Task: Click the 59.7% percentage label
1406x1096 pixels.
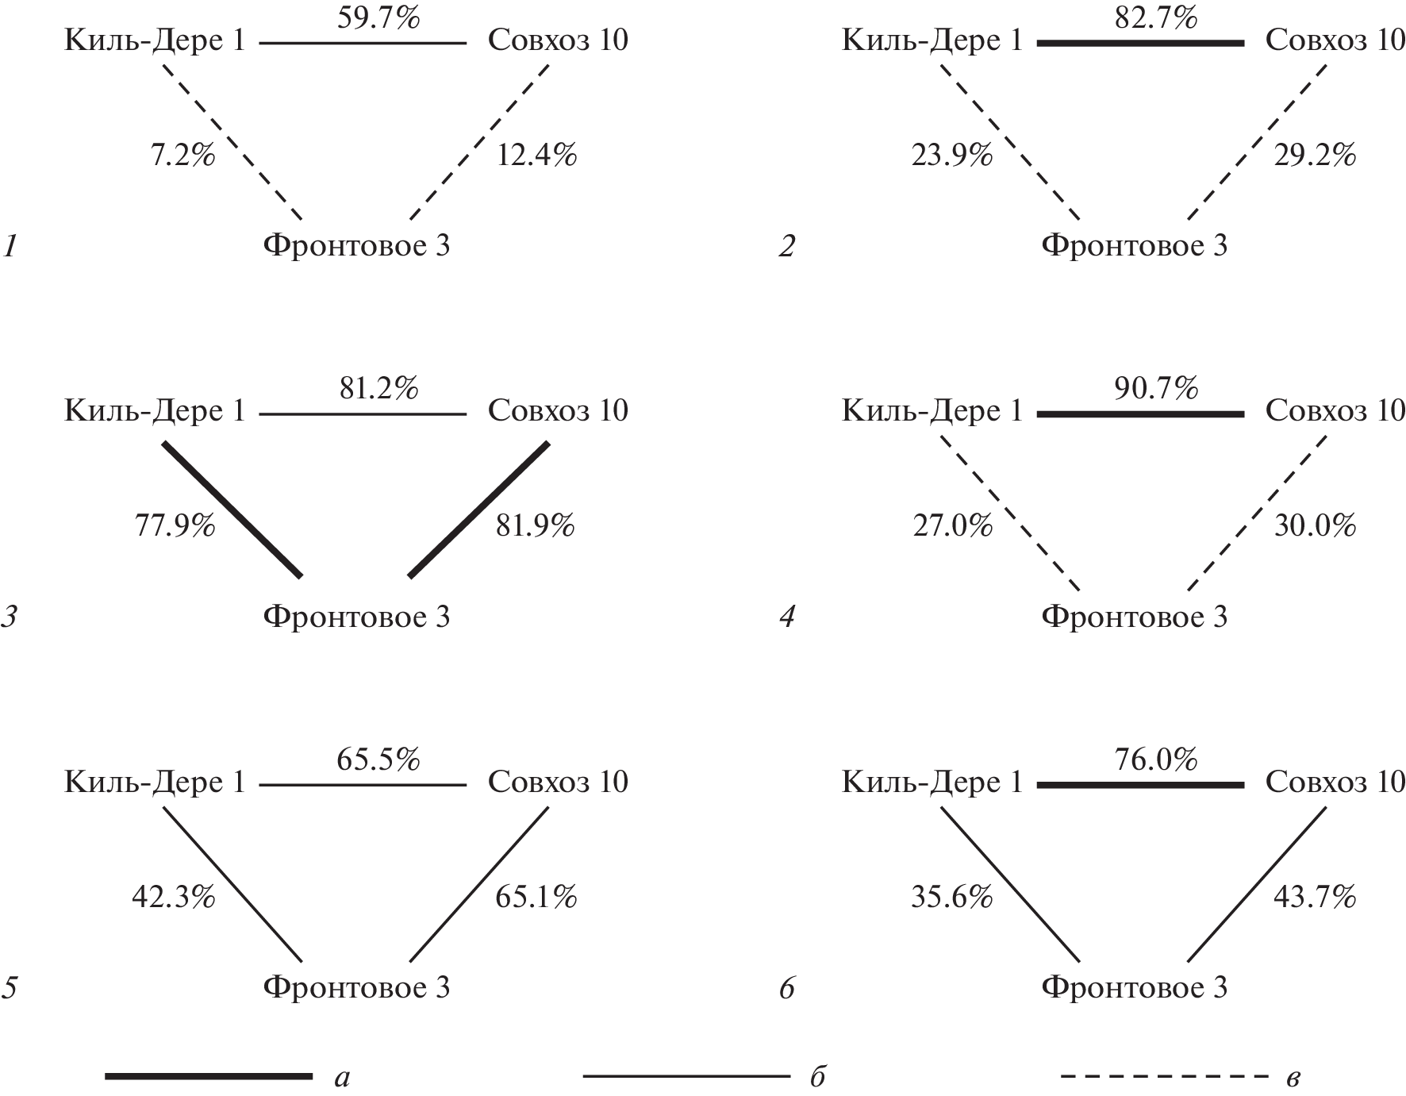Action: pos(378,17)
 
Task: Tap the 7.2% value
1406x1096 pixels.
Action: pos(182,155)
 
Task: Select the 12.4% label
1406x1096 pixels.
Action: pos(536,155)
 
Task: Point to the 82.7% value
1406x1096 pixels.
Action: pos(1155,17)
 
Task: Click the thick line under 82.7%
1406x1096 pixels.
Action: pos(1140,43)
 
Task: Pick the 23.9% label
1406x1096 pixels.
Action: pos(951,155)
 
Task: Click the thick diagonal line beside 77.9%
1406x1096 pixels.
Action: pos(232,510)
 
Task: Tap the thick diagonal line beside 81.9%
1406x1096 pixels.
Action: pos(478,510)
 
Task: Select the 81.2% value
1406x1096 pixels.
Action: pos(378,388)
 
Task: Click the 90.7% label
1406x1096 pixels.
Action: pos(1155,388)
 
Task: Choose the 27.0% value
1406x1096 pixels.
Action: pos(952,525)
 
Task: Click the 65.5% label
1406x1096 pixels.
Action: pos(378,760)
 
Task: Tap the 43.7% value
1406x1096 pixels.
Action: pos(1314,897)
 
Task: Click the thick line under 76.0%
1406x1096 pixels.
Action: pos(1140,785)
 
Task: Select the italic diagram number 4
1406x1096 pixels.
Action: pos(786,617)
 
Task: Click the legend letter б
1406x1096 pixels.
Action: pos(818,1078)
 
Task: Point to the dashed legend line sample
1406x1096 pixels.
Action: pos(1165,1077)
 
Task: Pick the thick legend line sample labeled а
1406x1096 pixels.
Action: pos(208,1076)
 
